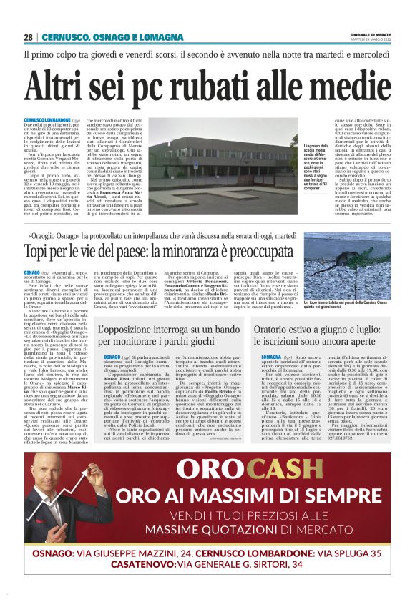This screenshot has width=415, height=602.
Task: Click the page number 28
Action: tap(29, 37)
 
